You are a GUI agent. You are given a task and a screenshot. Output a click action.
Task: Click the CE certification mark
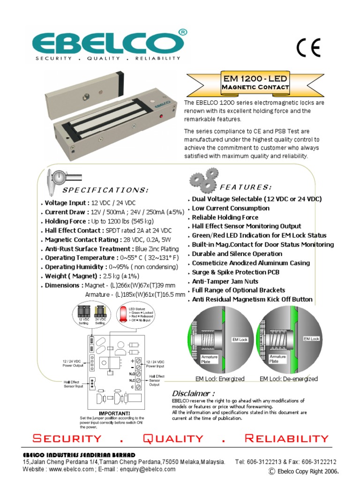point(308,48)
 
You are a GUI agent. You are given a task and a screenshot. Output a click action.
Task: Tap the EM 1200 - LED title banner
point(255,82)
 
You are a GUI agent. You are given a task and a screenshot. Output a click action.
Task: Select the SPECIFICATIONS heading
point(105,190)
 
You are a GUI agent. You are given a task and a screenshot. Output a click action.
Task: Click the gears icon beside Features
point(204,179)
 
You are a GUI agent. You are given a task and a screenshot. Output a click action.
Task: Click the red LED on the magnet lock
point(161,116)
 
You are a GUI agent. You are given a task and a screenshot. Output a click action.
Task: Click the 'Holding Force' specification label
point(65,221)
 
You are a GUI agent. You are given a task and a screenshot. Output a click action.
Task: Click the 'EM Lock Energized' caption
point(220,379)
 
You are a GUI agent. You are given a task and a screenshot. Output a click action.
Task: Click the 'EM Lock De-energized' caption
point(288,379)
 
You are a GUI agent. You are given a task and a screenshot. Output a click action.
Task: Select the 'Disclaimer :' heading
point(194,393)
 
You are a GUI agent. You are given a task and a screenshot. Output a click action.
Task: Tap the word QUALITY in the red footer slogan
point(173,439)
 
